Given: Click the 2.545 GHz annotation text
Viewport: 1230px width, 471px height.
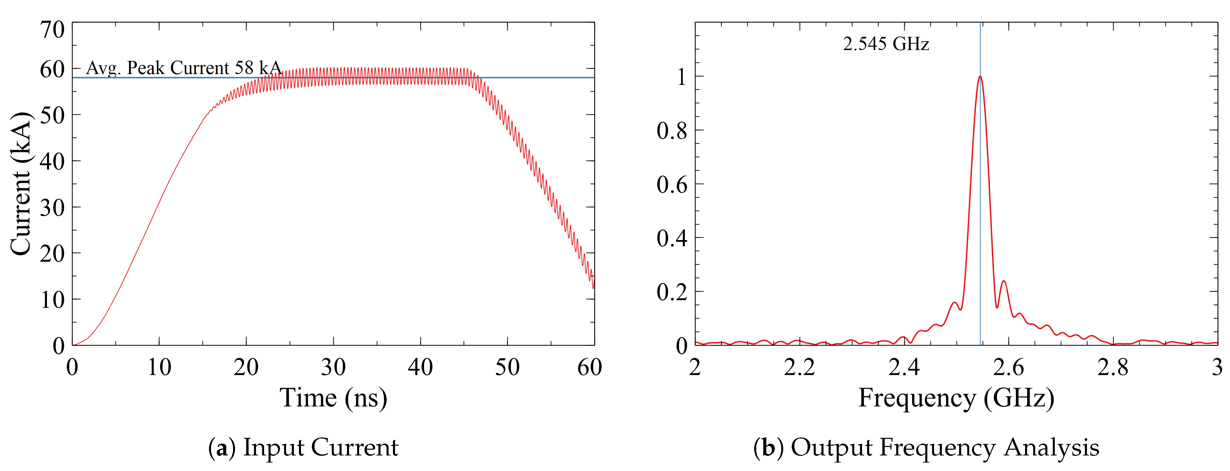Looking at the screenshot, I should click(885, 44).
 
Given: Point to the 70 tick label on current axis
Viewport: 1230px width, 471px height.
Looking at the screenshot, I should click(52, 30).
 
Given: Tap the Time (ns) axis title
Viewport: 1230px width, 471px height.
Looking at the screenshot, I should click(333, 398).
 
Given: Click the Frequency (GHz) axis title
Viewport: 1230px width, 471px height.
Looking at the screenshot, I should click(956, 398).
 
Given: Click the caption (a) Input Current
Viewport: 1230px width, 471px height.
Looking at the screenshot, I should click(303, 448).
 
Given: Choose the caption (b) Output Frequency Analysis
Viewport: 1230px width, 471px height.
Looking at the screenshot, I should click(926, 448).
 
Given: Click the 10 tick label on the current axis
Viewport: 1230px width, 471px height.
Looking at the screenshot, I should click(52, 300).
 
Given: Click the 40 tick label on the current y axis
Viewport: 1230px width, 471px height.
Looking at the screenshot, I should click(52, 162).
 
